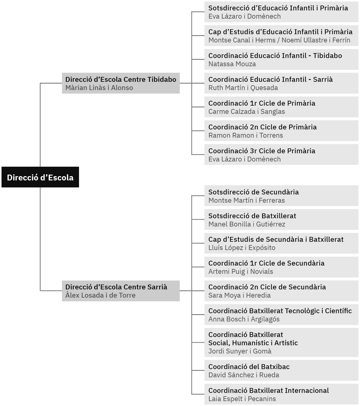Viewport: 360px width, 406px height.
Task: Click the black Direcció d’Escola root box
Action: tap(40, 177)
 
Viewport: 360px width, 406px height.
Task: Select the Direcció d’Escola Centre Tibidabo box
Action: tap(121, 83)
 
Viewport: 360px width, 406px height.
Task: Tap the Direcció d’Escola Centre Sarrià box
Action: tap(121, 291)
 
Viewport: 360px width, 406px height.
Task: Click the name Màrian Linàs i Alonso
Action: tap(99, 88)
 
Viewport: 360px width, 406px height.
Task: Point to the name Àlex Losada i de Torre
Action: tap(100, 295)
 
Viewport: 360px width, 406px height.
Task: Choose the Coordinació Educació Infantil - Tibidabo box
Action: tap(281, 59)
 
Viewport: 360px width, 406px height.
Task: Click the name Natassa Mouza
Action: tap(232, 64)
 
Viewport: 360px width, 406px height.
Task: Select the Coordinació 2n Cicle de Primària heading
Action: tap(262, 127)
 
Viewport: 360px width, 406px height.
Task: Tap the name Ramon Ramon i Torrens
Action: tap(246, 136)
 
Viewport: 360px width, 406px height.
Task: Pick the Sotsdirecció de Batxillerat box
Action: tap(281, 219)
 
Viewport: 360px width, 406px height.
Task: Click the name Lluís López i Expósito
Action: tap(242, 248)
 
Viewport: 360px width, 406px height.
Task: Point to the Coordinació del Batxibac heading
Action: tap(249, 367)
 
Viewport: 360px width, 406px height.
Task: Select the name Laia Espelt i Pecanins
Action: tap(242, 399)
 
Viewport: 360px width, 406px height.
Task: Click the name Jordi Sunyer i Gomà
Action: tap(240, 351)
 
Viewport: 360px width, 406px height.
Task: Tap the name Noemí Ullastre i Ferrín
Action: tap(316, 40)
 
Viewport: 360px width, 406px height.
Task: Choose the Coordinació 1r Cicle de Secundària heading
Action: tap(266, 263)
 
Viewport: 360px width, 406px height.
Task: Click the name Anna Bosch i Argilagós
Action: tap(244, 319)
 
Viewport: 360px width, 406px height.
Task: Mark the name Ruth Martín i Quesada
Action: tap(243, 88)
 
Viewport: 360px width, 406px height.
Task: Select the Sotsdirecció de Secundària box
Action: tap(281, 196)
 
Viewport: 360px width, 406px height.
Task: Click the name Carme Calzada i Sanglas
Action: tap(247, 112)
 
